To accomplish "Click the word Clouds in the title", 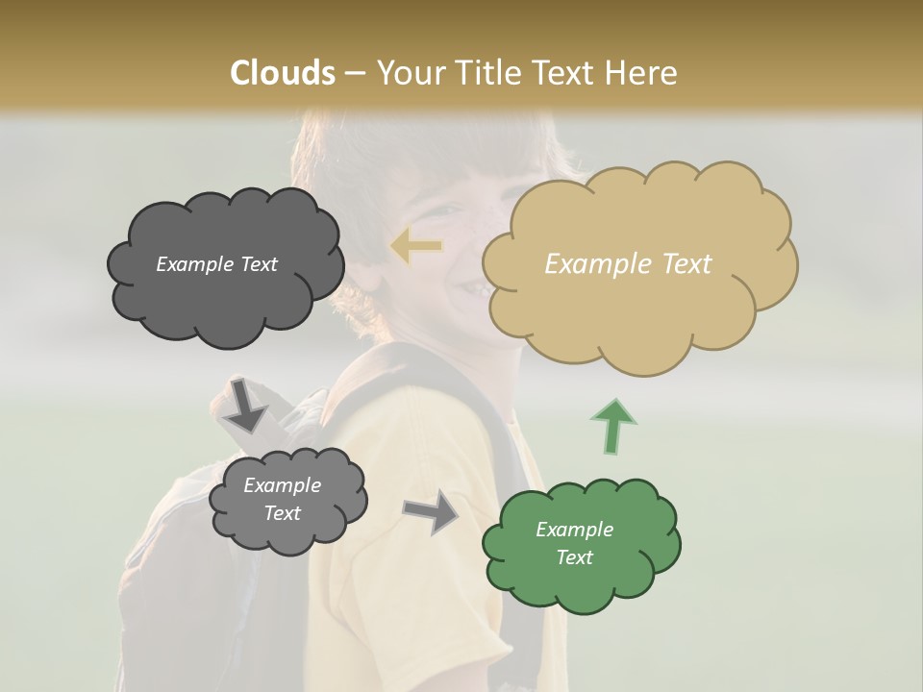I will click(x=283, y=73).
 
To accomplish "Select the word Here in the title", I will click(x=642, y=73).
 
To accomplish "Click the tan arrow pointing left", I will click(x=415, y=247).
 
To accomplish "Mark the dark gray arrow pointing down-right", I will click(x=244, y=405).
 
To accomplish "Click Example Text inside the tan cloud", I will click(x=628, y=264).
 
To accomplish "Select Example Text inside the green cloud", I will click(x=574, y=543).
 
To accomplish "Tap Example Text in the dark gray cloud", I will click(x=216, y=264).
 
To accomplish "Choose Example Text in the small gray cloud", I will click(x=282, y=499).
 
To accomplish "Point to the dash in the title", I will click(x=355, y=74).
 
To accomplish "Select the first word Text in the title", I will click(x=566, y=73).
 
